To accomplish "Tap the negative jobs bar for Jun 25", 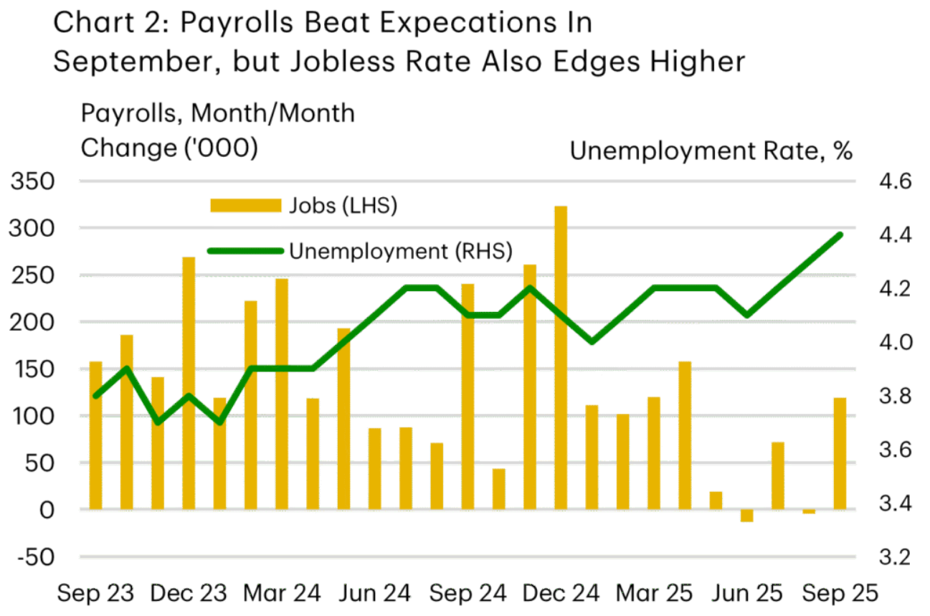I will coord(746,515).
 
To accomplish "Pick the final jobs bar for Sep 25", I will coord(840,453).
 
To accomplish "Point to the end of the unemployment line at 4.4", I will coord(840,234).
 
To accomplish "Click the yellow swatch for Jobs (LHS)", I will coord(245,206).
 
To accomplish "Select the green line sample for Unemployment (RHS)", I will coord(245,251).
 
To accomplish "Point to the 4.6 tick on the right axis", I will coord(891,181).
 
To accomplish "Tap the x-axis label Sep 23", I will coord(96,594).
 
